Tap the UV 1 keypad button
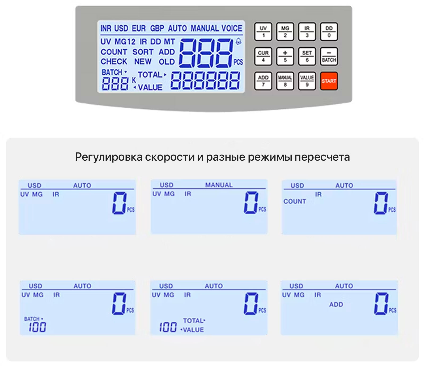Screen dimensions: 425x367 (263, 32)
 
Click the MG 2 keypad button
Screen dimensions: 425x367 (285, 32)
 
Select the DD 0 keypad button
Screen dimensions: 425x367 (329, 32)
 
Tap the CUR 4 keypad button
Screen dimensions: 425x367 (263, 56)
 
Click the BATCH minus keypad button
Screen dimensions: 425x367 (329, 56)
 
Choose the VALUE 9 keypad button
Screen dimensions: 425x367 (307, 81)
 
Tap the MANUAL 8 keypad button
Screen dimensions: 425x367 (285, 81)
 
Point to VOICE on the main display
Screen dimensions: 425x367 (232, 28)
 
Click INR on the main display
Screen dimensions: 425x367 (106, 28)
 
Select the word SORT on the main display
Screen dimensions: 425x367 (143, 52)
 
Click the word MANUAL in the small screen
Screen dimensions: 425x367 (219, 185)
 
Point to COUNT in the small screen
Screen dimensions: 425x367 (295, 201)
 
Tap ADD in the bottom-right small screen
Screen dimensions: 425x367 (336, 304)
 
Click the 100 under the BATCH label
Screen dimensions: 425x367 (37, 327)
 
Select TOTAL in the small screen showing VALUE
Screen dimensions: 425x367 (194, 321)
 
